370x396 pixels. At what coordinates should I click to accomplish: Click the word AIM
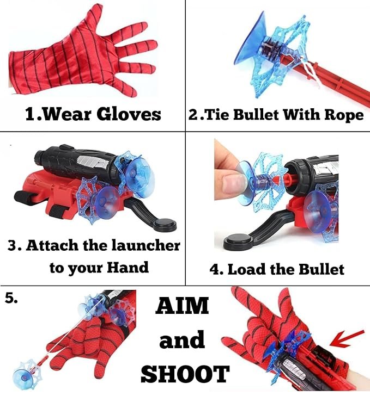point(183,306)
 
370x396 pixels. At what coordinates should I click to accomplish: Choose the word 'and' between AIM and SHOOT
point(182,341)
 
